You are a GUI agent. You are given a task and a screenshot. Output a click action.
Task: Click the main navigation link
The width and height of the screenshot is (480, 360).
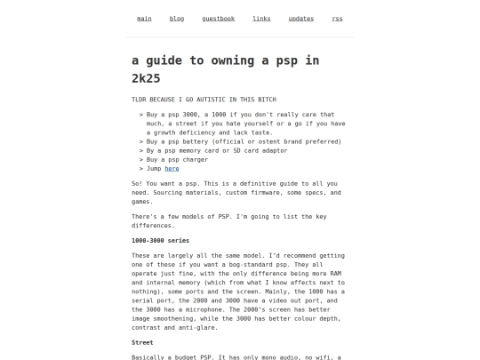pyautogui.click(x=144, y=19)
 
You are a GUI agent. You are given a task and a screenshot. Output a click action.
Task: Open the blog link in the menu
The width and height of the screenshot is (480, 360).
pyautogui.click(x=177, y=19)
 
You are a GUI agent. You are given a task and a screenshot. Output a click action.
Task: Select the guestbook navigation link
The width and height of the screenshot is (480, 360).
pyautogui.click(x=218, y=19)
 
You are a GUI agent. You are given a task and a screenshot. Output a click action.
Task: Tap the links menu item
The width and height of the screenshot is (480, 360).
pyautogui.click(x=261, y=19)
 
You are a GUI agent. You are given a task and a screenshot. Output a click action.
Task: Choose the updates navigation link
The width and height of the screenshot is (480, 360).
pyautogui.click(x=301, y=19)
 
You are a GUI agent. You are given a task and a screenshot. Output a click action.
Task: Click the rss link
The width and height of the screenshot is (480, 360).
pyautogui.click(x=337, y=19)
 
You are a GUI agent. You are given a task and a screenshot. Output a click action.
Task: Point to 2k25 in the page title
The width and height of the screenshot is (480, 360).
pyautogui.click(x=149, y=78)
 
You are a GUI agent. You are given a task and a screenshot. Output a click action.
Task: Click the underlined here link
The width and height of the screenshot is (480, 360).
pyautogui.click(x=172, y=168)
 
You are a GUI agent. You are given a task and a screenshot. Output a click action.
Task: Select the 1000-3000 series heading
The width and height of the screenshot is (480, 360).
pyautogui.click(x=160, y=240)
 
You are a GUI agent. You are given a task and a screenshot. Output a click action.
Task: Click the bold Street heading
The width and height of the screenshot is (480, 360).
pyautogui.click(x=142, y=342)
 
